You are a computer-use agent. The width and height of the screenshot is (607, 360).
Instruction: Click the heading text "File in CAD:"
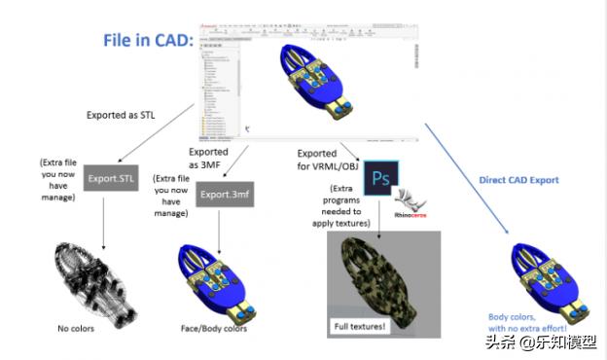coord(149,41)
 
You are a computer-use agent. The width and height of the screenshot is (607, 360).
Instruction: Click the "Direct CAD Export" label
coord(519,181)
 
